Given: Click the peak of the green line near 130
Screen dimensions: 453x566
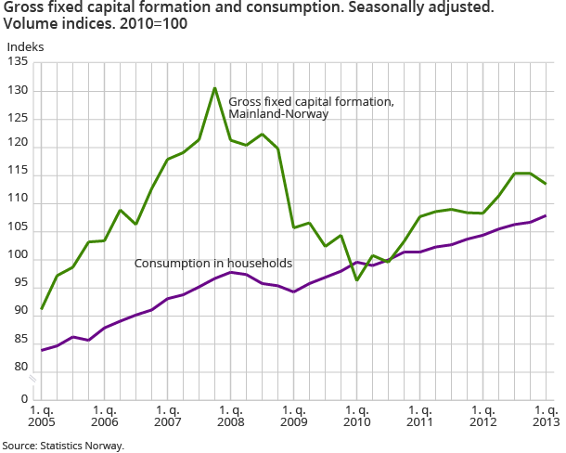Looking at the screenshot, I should point(215,88).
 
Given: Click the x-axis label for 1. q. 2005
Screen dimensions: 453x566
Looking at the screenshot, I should point(41,416).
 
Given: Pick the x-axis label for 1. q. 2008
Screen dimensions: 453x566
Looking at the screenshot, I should point(230,416).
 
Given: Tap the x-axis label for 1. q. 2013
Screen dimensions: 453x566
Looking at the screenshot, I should point(546,416).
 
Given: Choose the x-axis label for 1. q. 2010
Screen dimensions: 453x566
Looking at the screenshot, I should point(356,416).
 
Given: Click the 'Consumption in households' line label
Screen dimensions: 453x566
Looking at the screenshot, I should point(213,264).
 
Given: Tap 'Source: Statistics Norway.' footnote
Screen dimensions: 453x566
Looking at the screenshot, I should point(62,446).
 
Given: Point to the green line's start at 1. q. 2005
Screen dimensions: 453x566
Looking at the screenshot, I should point(42,309).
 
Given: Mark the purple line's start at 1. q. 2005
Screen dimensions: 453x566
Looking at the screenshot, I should point(42,350).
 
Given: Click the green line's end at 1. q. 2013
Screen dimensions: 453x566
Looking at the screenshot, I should point(546,184).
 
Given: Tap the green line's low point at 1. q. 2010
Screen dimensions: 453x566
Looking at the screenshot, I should point(356,280).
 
